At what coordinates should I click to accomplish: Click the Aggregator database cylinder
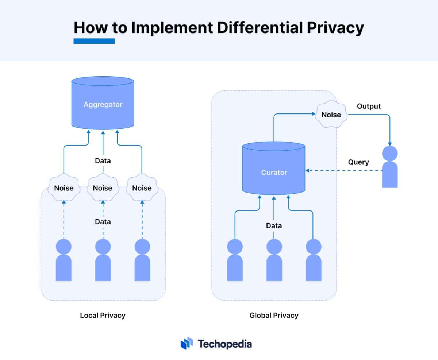103,103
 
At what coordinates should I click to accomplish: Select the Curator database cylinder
274,168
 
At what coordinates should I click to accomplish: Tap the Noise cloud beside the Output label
331,114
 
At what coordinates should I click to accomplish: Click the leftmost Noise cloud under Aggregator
64,187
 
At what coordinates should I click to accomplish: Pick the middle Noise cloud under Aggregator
103,187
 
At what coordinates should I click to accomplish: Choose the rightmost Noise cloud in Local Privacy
142,187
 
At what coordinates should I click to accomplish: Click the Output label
369,106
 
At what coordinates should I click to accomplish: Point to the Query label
358,162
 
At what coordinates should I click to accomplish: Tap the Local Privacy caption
103,316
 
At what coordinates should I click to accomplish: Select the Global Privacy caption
274,316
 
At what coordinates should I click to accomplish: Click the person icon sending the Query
390,167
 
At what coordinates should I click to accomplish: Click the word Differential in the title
260,27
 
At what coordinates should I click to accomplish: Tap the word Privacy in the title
335,28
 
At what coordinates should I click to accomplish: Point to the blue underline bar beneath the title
94,41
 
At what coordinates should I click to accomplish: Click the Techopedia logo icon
187,343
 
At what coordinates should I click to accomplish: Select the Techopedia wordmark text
225,344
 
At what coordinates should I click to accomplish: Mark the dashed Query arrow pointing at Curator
344,171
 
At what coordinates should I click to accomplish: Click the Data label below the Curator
274,226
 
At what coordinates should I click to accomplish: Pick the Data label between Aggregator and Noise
103,161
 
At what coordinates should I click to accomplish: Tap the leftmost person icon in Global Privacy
235,260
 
